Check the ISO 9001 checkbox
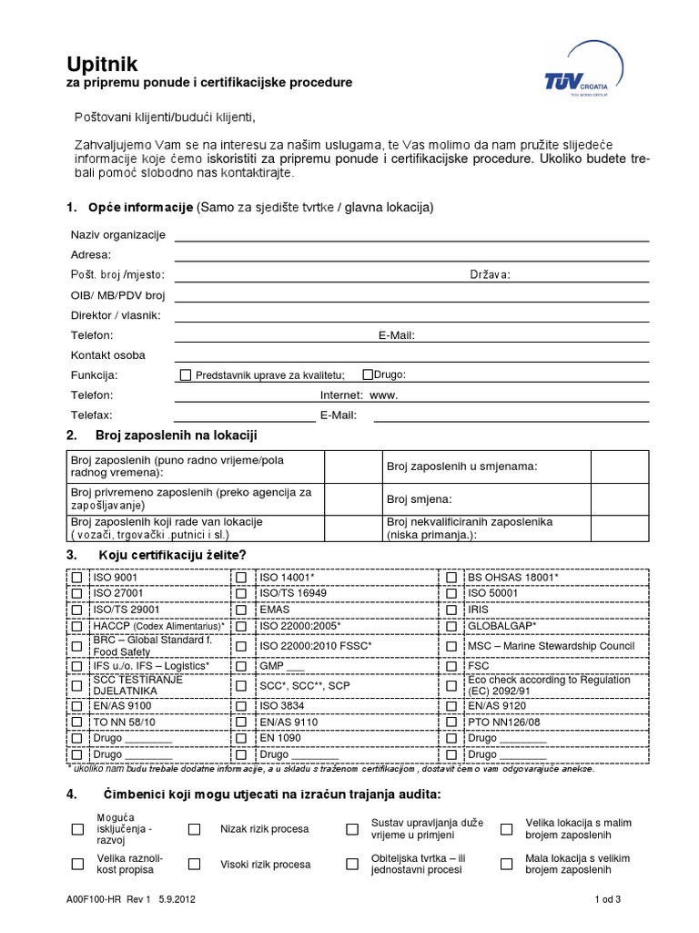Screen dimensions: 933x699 tap(76, 578)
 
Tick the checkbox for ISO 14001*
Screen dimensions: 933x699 tap(242, 578)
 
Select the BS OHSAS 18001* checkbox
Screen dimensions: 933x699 tap(451, 578)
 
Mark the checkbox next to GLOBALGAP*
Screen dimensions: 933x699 tap(451, 627)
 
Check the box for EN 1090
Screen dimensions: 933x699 tap(242, 738)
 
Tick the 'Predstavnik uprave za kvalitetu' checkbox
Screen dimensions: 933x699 tap(186, 375)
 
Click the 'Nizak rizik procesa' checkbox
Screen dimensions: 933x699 tap(194, 829)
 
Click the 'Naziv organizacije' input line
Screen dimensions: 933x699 tap(411, 235)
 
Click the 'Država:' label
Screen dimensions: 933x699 tap(491, 275)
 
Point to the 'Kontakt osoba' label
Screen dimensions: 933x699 tap(107, 355)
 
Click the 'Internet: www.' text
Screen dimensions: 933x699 tap(360, 395)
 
